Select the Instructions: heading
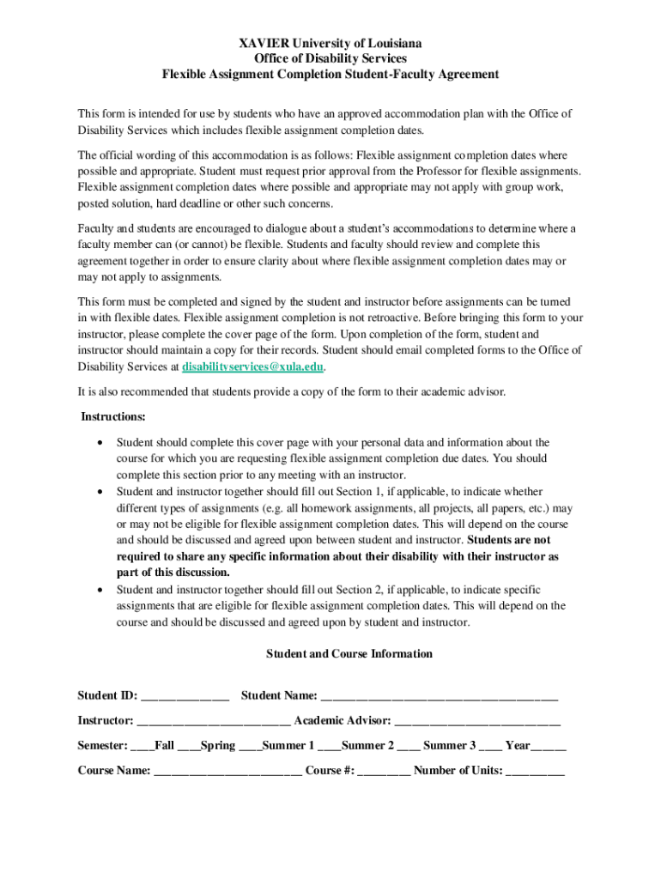[x=113, y=416]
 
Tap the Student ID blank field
[x=185, y=696]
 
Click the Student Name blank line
[x=439, y=696]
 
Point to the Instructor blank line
[x=213, y=721]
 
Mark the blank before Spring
[x=188, y=746]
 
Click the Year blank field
[x=549, y=746]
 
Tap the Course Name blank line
[x=227, y=771]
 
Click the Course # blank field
[x=384, y=771]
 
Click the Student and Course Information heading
[x=349, y=654]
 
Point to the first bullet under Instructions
[x=102, y=443]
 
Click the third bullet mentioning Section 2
[x=102, y=590]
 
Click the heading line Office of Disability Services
[x=330, y=58]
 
